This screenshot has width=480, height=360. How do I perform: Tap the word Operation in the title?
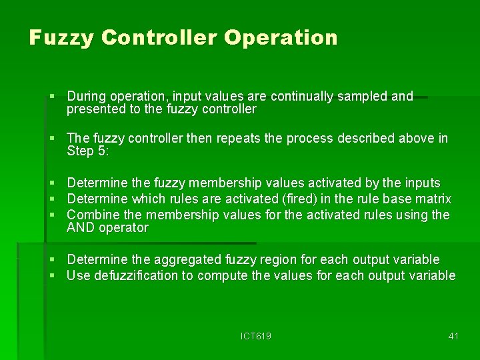pyautogui.click(x=281, y=37)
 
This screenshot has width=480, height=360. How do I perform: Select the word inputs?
pyautogui.click(x=422, y=183)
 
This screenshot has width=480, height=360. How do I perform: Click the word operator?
pyautogui.click(x=125, y=227)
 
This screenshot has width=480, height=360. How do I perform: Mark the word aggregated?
pyautogui.click(x=186, y=259)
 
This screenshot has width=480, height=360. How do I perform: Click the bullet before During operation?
pyautogui.click(x=53, y=97)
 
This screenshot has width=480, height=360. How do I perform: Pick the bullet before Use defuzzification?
pyautogui.click(x=53, y=275)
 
